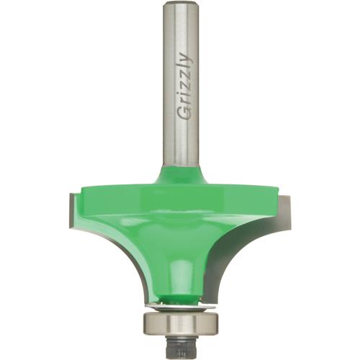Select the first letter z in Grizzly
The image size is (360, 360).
coord(183,84)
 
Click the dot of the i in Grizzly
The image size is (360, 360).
coord(176,92)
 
